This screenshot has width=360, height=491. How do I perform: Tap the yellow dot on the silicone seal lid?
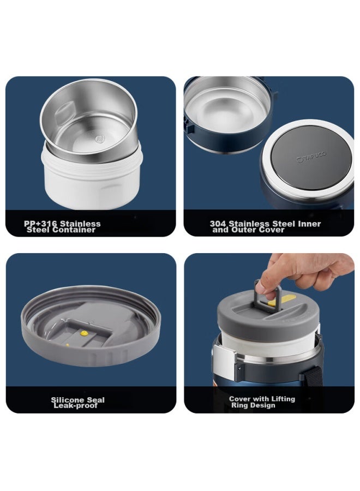click(x=84, y=333)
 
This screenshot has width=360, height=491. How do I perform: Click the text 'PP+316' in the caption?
click(x=40, y=224)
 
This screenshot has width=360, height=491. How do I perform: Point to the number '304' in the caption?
click(x=218, y=224)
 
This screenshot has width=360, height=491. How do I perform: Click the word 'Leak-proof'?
click(x=75, y=406)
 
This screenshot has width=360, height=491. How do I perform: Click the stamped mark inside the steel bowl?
click(x=100, y=139)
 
